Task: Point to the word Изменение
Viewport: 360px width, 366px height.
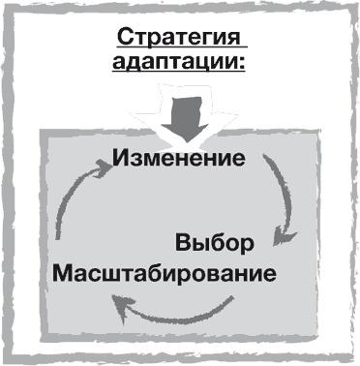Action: pyautogui.click(x=180, y=157)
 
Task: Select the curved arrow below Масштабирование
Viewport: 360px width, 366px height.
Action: pyautogui.click(x=174, y=310)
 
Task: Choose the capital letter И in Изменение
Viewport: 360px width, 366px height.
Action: pyautogui.click(x=121, y=157)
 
